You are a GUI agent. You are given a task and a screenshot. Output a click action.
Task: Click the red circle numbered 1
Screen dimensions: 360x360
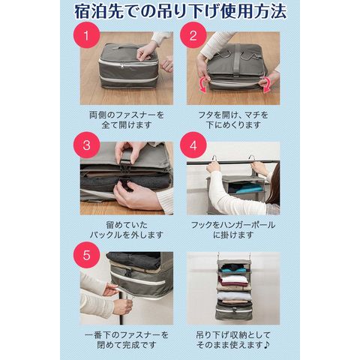[86, 35]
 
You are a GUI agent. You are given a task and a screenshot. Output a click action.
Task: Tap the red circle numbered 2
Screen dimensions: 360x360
[193, 35]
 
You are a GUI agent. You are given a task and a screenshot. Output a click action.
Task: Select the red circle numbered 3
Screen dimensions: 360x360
[86, 145]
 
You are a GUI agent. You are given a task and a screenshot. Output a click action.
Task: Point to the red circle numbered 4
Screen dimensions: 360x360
[193, 145]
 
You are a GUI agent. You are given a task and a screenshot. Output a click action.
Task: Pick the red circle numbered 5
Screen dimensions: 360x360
[86, 255]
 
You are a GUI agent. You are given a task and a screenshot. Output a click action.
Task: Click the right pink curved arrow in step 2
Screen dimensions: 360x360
[265, 85]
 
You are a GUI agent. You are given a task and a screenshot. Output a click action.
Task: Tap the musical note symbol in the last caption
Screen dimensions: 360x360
[266, 345]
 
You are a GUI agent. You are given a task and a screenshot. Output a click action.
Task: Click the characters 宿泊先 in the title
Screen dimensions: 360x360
[99, 12]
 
